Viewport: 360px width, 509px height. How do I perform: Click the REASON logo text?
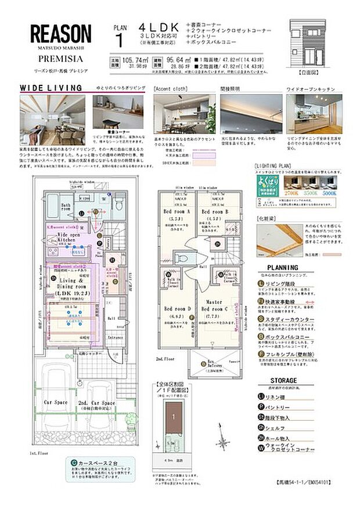pos(60,33)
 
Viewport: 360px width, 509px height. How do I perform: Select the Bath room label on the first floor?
pos(64,206)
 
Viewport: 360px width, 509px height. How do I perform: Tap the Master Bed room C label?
pos(213,305)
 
